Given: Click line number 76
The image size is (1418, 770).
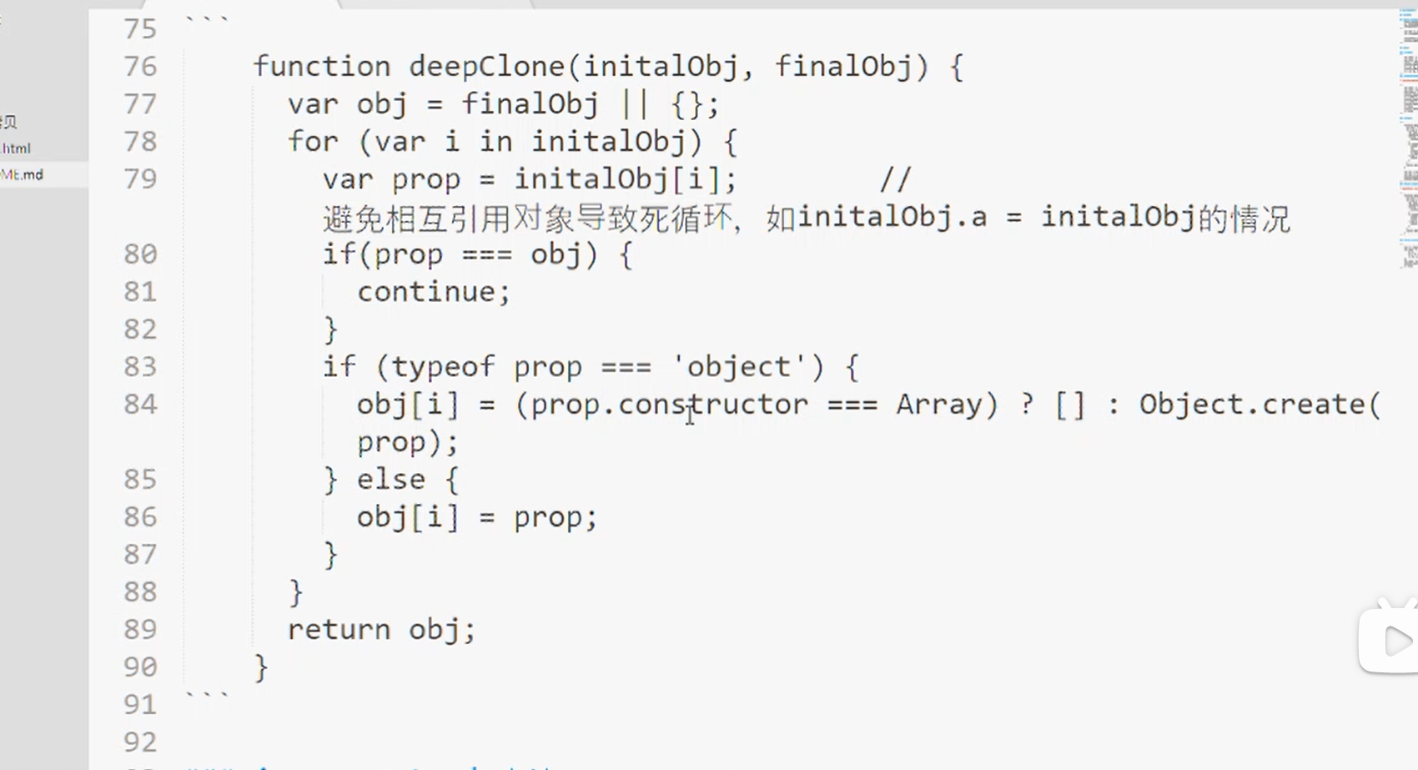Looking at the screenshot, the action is click(140, 66).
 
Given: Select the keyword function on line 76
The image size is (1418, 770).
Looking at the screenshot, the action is click(322, 66).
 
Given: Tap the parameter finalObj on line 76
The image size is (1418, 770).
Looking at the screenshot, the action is click(843, 66).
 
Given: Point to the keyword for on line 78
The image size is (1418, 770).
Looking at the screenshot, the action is click(313, 142).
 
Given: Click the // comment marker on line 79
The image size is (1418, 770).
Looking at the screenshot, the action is click(895, 179).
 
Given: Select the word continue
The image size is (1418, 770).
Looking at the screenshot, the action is click(427, 292).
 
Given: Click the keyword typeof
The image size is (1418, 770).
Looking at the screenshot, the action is click(443, 367).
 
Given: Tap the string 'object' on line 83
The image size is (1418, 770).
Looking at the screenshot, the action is click(739, 367).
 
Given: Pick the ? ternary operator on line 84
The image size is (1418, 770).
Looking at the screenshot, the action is click(1026, 405).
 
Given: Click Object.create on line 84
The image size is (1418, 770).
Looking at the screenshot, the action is click(1252, 405).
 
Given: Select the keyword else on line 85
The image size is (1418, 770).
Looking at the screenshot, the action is click(391, 480).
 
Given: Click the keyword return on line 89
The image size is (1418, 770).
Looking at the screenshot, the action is click(339, 630).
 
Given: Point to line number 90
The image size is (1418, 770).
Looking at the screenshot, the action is click(140, 667).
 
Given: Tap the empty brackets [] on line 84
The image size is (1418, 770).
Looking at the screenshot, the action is click(1070, 405).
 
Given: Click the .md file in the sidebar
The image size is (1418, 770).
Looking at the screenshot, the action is click(23, 174).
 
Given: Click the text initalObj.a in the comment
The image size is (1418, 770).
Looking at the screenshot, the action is click(893, 218).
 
